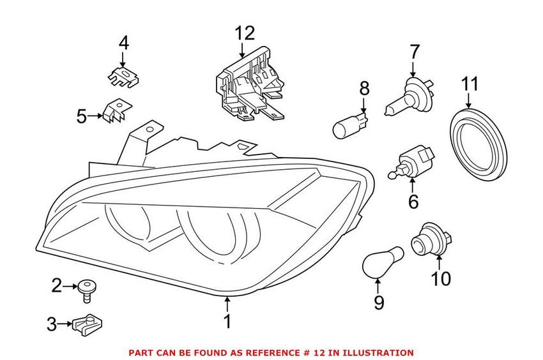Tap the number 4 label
pos(123,43)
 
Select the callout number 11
pos(470,85)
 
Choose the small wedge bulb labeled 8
pos(351,126)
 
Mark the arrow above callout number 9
pos(379,285)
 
